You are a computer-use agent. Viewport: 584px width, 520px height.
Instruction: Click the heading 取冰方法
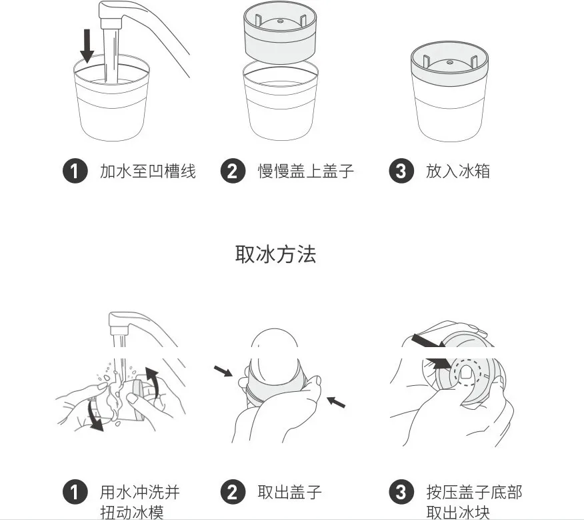click(x=275, y=254)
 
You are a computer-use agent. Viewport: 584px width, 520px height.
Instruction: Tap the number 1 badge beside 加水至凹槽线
click(x=75, y=172)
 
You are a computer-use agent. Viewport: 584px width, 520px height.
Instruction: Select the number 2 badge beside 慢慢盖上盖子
click(x=232, y=172)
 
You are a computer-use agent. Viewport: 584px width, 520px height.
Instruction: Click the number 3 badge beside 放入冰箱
click(x=400, y=172)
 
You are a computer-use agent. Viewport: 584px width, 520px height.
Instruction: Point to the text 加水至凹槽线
click(x=147, y=172)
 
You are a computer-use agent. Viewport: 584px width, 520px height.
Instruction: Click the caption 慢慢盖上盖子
click(x=305, y=172)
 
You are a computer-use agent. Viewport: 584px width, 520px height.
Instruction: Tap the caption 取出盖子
click(x=289, y=493)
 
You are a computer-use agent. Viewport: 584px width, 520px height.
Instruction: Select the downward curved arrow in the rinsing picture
click(x=96, y=414)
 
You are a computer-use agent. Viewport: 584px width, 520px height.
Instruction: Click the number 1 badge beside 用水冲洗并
click(x=75, y=493)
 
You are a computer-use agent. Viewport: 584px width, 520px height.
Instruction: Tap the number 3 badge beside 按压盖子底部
click(x=400, y=493)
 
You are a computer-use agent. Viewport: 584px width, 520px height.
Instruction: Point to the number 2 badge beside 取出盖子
click(x=232, y=493)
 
